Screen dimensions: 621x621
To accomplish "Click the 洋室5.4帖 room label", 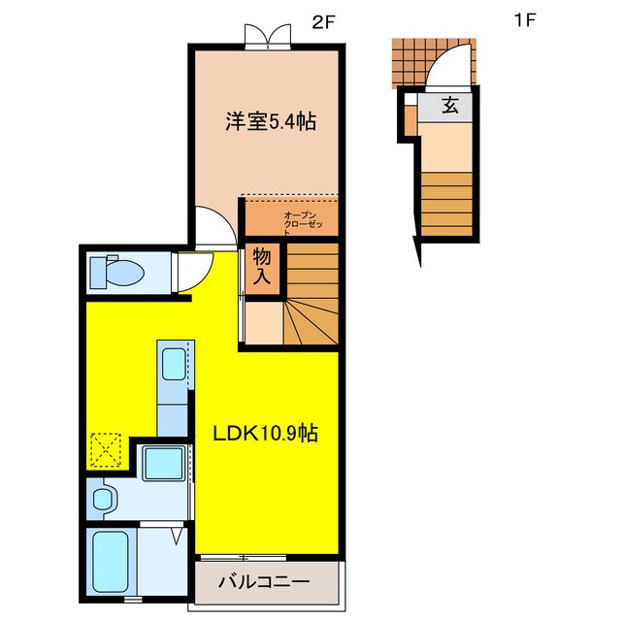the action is [271, 121].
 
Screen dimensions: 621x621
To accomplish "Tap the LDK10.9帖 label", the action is [266, 434].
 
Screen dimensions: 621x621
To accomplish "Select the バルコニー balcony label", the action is [264, 582].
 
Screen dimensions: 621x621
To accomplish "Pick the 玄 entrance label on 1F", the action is [450, 106].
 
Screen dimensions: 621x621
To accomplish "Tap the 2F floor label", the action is [323, 23].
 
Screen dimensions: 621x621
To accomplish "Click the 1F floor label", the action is [525, 19].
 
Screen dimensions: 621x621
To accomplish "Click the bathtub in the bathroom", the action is [111, 562].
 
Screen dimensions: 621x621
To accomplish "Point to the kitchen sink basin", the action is [174, 364].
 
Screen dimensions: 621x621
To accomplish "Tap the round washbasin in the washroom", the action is [104, 500].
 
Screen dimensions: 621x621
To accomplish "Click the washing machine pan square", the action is [164, 463].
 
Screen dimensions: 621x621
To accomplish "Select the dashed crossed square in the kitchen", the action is [106, 450].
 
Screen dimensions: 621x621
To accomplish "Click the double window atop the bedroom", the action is [268, 37].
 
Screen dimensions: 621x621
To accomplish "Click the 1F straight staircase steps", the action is [446, 204].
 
